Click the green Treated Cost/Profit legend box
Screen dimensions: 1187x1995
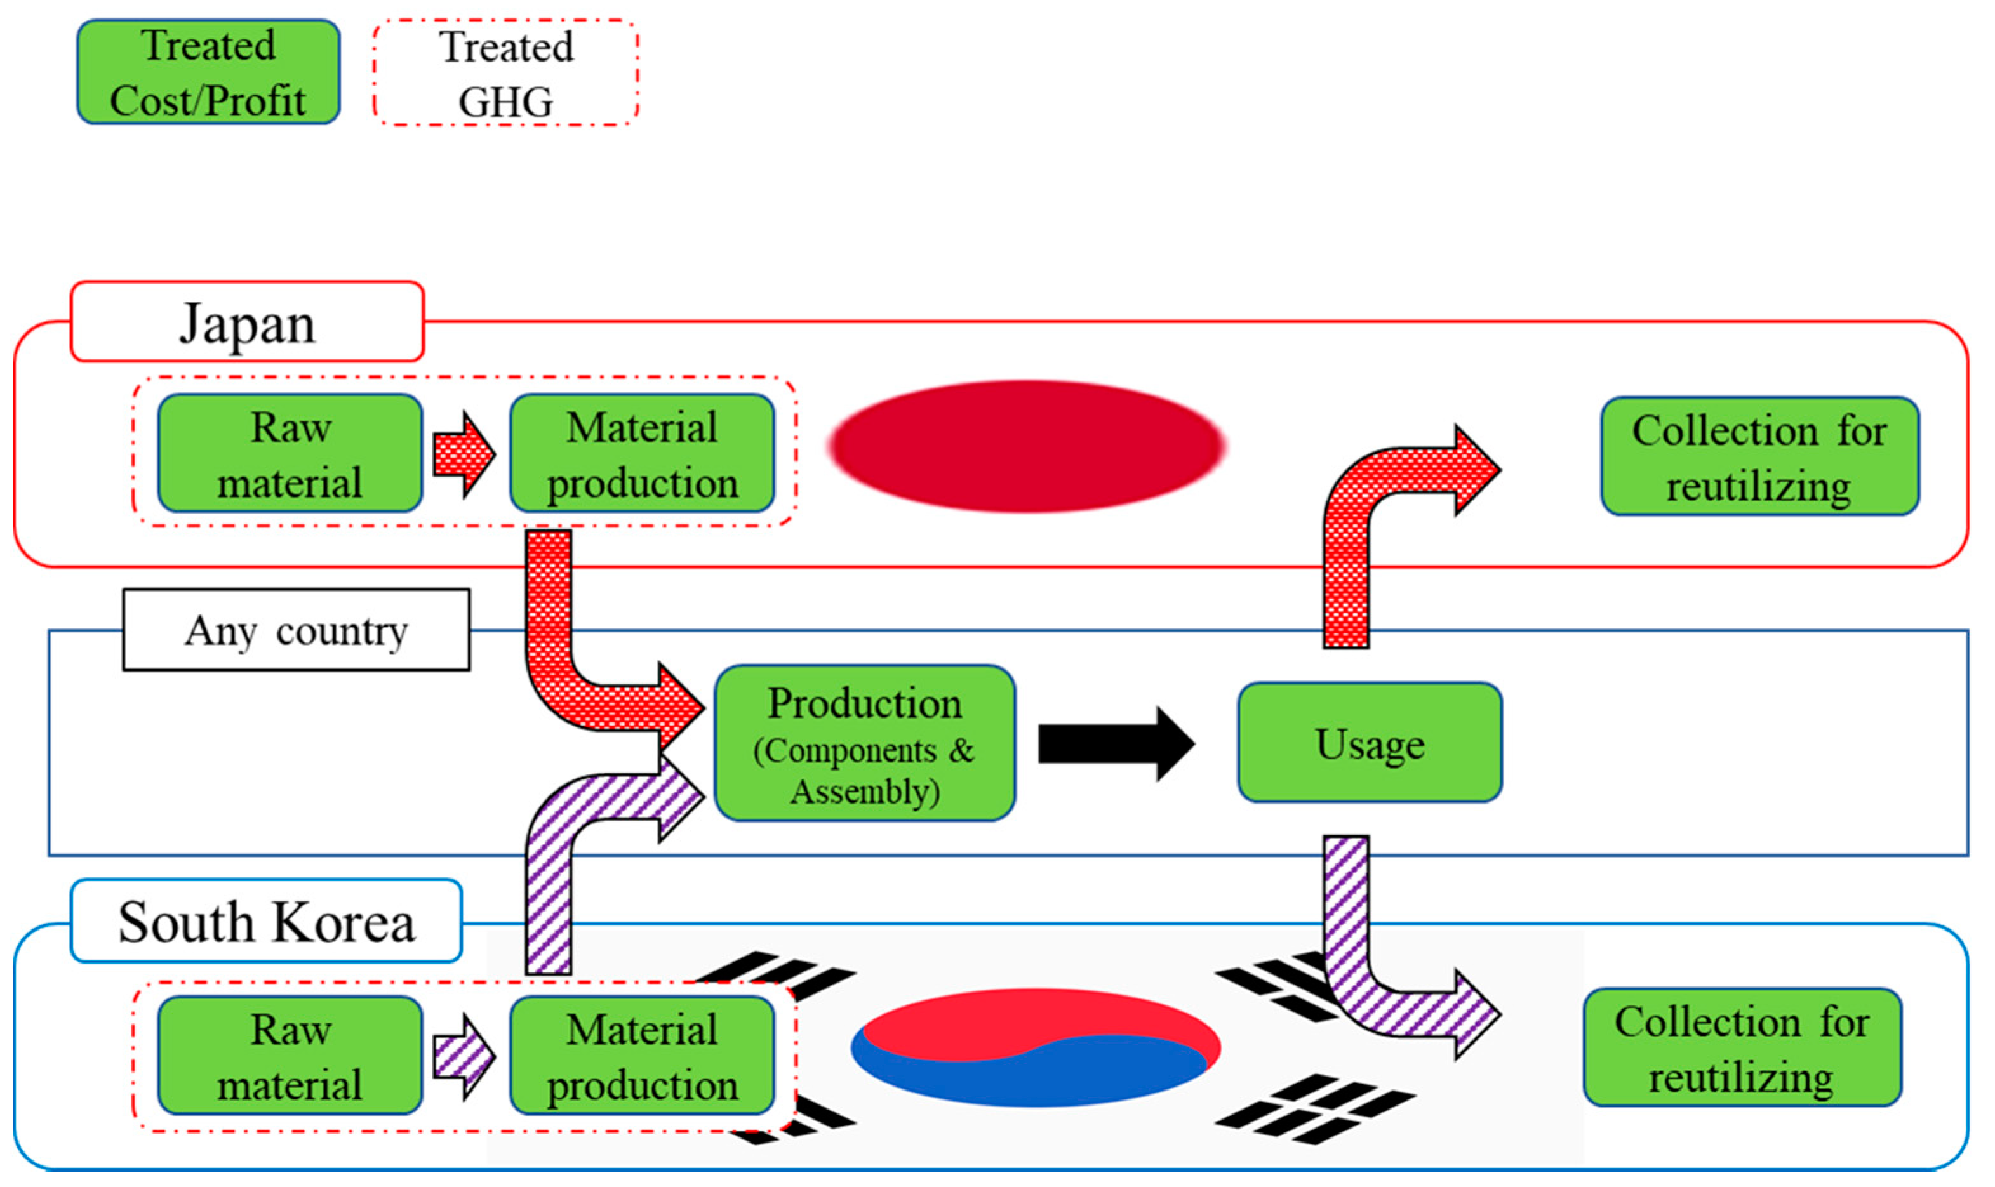pos(208,72)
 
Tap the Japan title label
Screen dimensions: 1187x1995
pos(247,322)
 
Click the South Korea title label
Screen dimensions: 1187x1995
pos(267,922)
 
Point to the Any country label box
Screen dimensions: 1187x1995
pos(296,630)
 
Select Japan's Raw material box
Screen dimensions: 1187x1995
pos(290,453)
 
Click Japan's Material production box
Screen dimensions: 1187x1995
pos(641,453)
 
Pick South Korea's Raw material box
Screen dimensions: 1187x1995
pos(290,1055)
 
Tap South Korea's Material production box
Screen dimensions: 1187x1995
pos(641,1055)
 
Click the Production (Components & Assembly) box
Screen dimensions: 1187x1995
pos(864,744)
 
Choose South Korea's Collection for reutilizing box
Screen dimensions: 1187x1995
pos(1742,1048)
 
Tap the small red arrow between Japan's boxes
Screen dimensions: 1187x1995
pos(462,455)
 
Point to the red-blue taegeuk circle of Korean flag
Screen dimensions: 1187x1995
pos(1035,1048)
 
